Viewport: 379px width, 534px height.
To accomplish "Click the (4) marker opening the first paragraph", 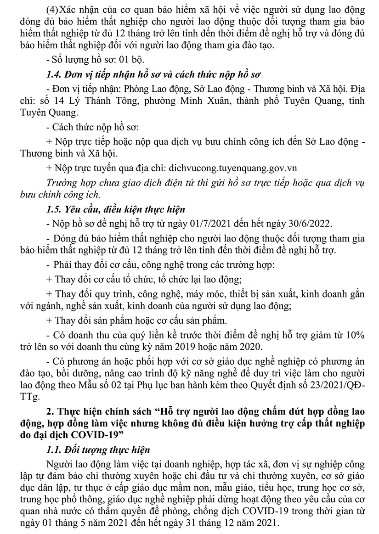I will pyautogui.click(x=54, y=9).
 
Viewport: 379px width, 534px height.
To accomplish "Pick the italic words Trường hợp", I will pyautogui.click(x=69, y=182).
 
